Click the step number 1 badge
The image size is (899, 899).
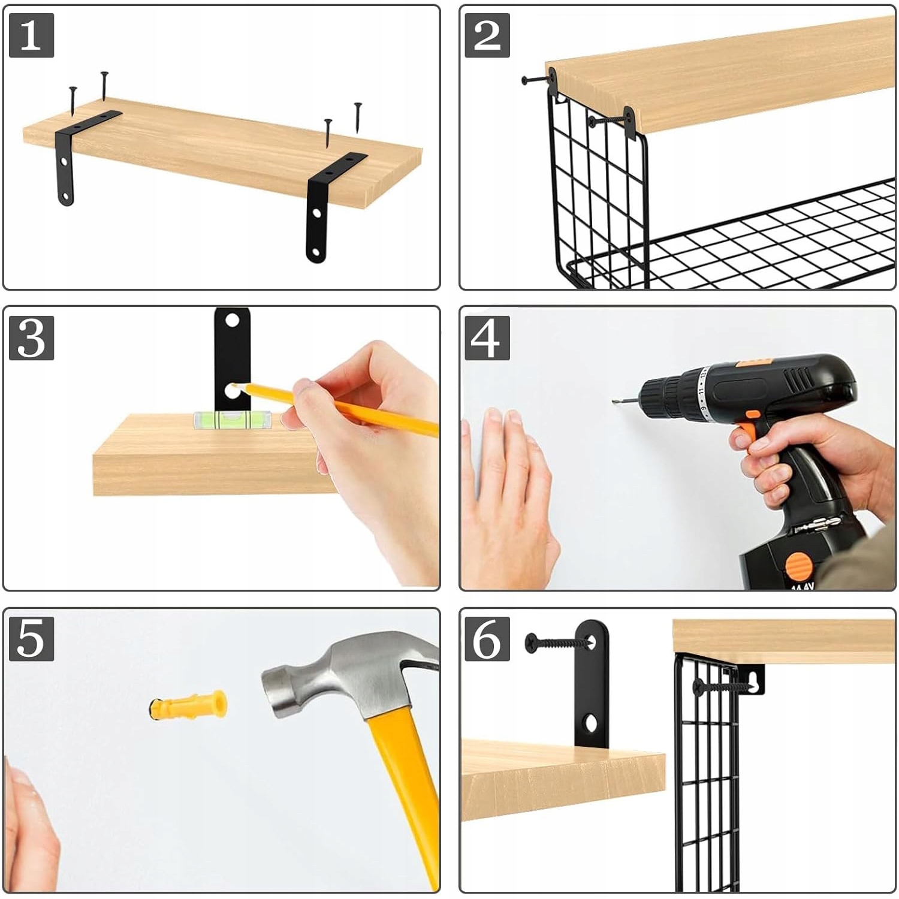tap(32, 35)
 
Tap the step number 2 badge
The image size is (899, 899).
tap(487, 35)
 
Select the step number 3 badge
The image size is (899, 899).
tap(32, 338)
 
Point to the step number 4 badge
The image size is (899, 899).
tap(487, 338)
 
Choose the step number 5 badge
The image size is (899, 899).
tap(32, 639)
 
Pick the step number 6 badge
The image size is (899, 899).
tap(487, 639)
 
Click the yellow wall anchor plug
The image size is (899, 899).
tap(188, 705)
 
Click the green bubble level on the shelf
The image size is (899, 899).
tap(232, 419)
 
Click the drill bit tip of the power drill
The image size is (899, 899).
tap(614, 401)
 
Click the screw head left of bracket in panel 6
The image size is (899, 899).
tap(532, 642)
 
